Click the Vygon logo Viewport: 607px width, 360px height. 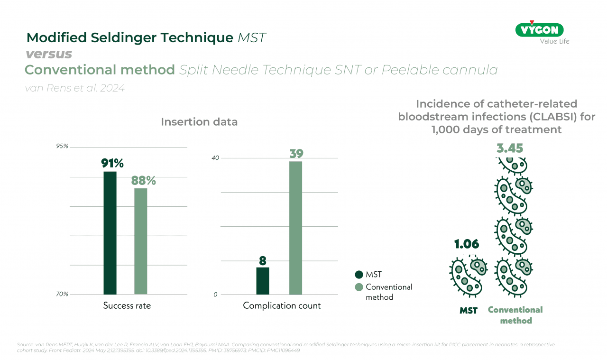pyautogui.click(x=539, y=30)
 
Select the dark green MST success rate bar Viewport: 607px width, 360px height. pyautogui.click(x=110, y=232)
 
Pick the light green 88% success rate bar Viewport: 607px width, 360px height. pyautogui.click(x=141, y=241)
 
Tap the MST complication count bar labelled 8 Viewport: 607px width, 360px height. pyautogui.click(x=263, y=281)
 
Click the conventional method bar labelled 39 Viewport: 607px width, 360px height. pyautogui.click(x=295, y=228)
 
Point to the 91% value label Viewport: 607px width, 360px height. pyautogui.click(x=112, y=163)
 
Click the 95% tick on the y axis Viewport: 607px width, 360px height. pyautogui.click(x=62, y=146)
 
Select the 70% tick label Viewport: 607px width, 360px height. pyautogui.click(x=62, y=294)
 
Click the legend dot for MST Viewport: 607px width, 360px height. pyautogui.click(x=359, y=275)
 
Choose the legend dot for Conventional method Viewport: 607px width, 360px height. pyautogui.click(x=359, y=287)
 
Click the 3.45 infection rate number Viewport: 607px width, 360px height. pyautogui.click(x=510, y=148)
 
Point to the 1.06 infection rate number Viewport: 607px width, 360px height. pyautogui.click(x=467, y=244)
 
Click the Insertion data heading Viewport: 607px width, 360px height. pyautogui.click(x=199, y=122)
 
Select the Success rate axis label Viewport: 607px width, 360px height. pyautogui.click(x=127, y=306)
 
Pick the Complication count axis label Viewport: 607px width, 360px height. pyautogui.click(x=282, y=306)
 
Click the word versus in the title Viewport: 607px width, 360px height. pyautogui.click(x=48, y=54)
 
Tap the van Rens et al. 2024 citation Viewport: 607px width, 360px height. pyautogui.click(x=74, y=88)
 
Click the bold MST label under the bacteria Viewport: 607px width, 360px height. pyautogui.click(x=469, y=311)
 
